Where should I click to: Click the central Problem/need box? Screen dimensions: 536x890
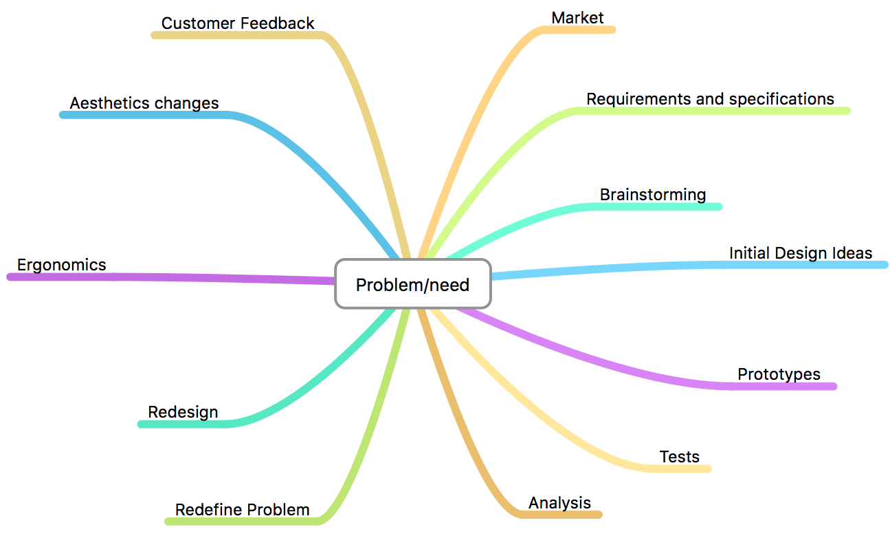[412, 283]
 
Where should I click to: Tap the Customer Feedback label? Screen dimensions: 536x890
[238, 23]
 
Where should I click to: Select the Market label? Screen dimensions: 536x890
[577, 17]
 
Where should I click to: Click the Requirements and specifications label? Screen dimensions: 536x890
[710, 98]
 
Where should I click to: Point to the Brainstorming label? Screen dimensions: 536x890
[653, 194]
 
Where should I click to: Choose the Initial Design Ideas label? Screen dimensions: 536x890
[801, 253]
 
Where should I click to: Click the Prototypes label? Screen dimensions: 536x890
[779, 374]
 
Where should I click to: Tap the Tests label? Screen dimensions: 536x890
[679, 456]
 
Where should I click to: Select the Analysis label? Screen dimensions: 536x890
[559, 502]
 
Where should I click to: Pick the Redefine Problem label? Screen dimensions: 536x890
[242, 510]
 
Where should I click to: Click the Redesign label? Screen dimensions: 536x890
[183, 412]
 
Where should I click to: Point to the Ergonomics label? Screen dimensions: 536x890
[62, 265]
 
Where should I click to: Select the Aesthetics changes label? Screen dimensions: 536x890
[144, 103]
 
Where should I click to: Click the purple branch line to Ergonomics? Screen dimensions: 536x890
[206, 277]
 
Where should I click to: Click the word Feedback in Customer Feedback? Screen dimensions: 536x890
[278, 23]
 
